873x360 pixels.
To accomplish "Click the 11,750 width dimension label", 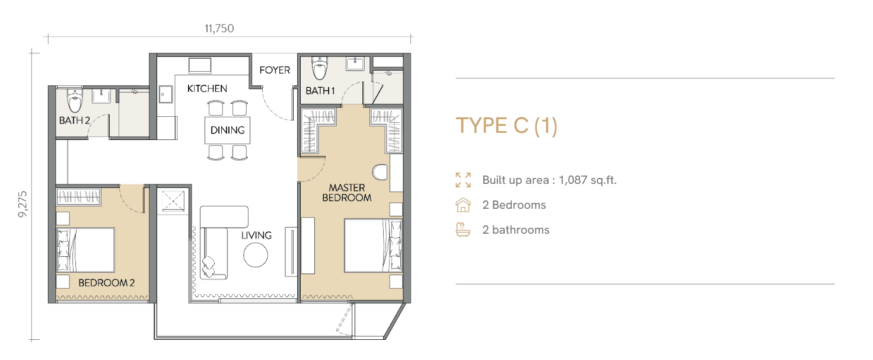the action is (219, 28).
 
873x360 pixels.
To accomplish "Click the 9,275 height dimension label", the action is (23, 204).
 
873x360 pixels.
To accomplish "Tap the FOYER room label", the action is (275, 70).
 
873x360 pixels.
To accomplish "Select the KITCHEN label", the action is (207, 88).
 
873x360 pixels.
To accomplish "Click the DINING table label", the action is (228, 130).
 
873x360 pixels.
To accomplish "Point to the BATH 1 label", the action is (320, 91).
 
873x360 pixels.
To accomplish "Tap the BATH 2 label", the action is (75, 120).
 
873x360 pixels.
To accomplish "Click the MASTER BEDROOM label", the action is (347, 193).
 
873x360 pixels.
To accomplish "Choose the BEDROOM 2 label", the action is (106, 283).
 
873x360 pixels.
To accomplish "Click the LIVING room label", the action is (256, 235).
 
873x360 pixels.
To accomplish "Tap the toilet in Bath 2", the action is (75, 100).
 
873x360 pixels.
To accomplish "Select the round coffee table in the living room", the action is (256, 255).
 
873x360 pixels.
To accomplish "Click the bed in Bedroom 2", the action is (85, 250).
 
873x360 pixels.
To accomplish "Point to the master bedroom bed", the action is (373, 246).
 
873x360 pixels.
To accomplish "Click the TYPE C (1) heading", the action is (506, 126).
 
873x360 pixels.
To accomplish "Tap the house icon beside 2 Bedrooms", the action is (463, 205).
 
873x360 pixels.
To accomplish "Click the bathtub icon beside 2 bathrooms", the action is (463, 230).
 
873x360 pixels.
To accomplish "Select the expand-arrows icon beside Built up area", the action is (463, 180).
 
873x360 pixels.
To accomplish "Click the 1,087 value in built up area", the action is (573, 180).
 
